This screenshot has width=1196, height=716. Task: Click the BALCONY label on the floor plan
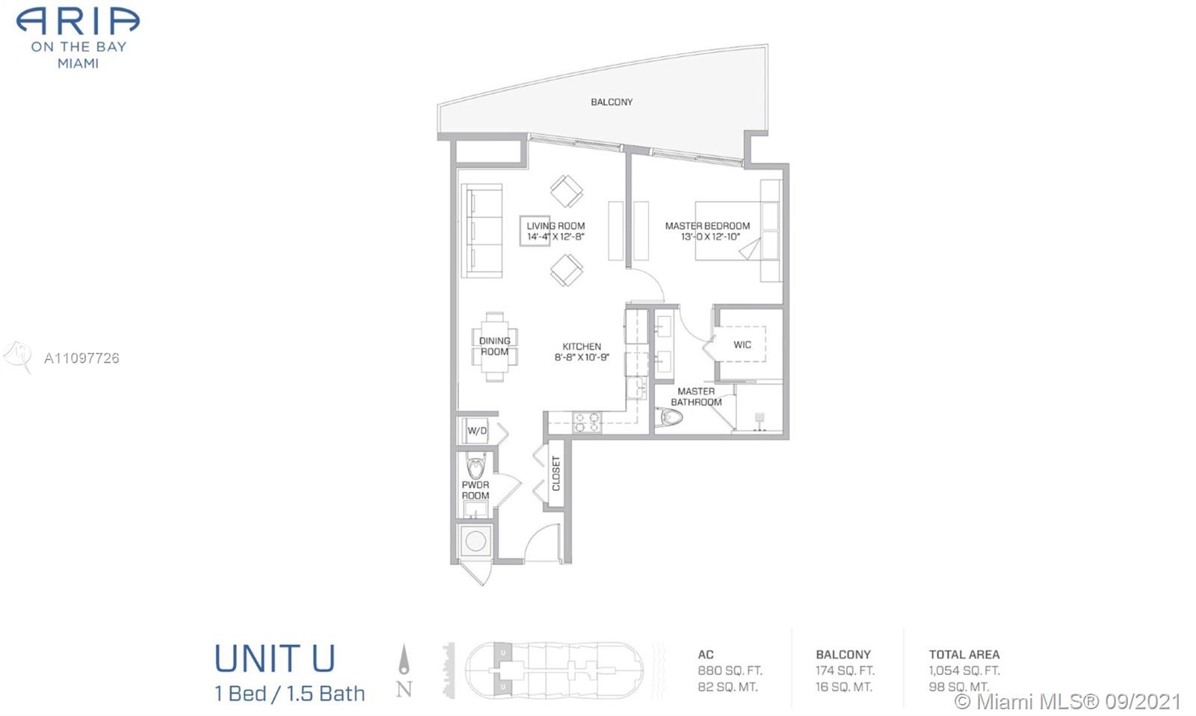tap(611, 102)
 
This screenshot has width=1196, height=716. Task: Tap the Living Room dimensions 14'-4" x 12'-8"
tap(556, 236)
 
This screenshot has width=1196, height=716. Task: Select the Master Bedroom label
tap(707, 226)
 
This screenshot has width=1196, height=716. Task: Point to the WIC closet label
tap(742, 345)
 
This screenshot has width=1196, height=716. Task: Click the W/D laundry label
tap(477, 431)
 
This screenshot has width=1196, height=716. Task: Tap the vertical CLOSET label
tap(556, 474)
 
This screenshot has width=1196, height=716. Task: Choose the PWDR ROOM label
tap(475, 490)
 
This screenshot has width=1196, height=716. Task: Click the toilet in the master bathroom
tap(670, 417)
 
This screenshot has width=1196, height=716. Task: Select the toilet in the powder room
tap(475, 466)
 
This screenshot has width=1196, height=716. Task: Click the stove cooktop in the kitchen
tap(587, 422)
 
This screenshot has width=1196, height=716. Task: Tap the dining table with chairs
tap(494, 347)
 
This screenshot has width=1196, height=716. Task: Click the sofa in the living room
tap(481, 231)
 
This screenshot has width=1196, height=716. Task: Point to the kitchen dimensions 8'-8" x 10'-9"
tap(582, 357)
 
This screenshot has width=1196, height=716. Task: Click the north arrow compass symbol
tap(404, 660)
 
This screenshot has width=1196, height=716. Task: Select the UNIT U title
tap(275, 658)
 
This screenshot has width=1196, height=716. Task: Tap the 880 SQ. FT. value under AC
tap(730, 670)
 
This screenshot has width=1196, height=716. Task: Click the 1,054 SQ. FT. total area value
tap(964, 670)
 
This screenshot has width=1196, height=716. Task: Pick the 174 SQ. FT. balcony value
tap(845, 670)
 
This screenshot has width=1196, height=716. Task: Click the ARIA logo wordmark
tap(78, 22)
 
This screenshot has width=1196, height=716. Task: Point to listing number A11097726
tap(81, 358)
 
